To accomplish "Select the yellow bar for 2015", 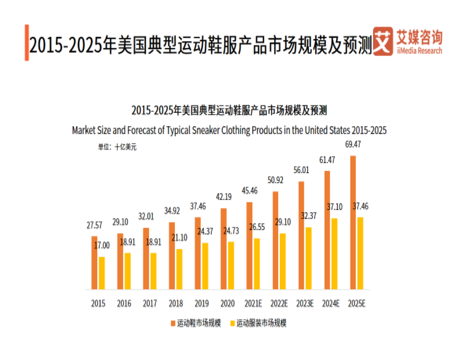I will [102, 273].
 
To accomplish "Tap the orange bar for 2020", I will [223, 248].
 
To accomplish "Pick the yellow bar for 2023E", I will [308, 258].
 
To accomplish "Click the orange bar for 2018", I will [172, 256].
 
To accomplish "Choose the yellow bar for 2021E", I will [257, 263].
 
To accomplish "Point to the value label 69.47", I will [352, 145].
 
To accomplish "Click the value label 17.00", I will [102, 246].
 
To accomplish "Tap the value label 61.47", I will [327, 160].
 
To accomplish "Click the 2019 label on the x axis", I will [201, 304].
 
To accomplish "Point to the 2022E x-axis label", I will [279, 304].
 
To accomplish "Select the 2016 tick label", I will [124, 304].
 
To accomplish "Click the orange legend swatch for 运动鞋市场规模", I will [173, 323].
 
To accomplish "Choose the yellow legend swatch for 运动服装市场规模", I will [232, 323].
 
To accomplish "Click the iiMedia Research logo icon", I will [383, 41].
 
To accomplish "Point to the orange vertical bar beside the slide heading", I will [26, 42].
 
